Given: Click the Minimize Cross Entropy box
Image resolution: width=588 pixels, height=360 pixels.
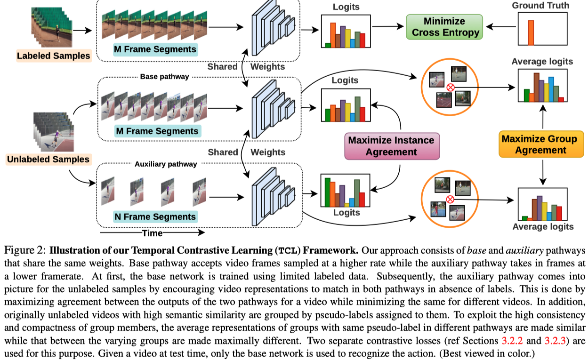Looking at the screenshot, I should point(445,27).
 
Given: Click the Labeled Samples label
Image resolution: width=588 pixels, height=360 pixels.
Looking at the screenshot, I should point(53,56).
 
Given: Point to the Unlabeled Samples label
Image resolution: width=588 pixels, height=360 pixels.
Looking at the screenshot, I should point(48,160).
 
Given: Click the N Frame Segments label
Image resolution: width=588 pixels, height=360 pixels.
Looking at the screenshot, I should point(155,217).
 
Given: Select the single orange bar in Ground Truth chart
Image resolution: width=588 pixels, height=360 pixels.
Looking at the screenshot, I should point(531,33).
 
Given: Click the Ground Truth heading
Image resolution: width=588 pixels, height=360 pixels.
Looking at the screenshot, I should point(540,6).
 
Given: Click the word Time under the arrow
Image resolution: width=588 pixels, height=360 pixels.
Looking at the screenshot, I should point(152,233).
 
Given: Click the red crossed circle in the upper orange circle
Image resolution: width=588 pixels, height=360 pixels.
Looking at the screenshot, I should point(450,87).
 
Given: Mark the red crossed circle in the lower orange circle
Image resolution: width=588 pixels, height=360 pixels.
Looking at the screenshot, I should point(450,200).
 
